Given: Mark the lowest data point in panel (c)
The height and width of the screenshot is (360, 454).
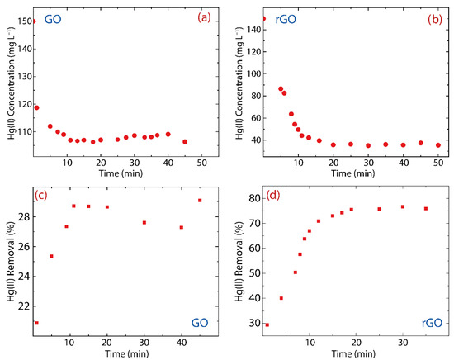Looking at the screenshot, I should click(x=35, y=323).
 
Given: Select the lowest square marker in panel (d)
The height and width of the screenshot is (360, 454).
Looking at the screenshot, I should click(x=267, y=324).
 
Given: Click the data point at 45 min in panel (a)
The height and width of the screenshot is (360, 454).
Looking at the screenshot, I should click(x=185, y=141).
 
